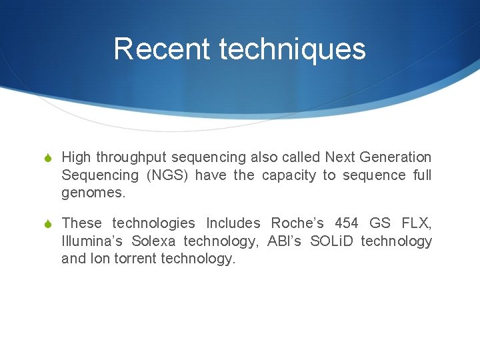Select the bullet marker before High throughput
click(49, 157)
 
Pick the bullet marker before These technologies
click(49, 223)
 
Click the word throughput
click(131, 157)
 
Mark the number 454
click(347, 223)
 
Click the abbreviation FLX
click(417, 223)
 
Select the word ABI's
click(283, 241)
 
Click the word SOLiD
click(331, 241)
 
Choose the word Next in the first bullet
click(339, 157)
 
